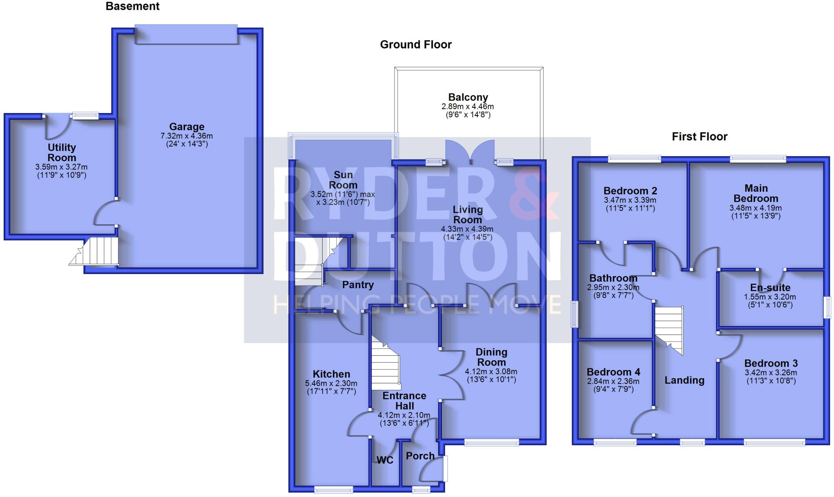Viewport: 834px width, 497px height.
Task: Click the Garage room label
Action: (187, 127)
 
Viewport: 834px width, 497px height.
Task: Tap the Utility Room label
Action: (61, 153)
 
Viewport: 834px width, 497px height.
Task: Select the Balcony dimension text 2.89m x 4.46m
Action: (467, 107)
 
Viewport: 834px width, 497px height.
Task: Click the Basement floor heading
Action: (132, 7)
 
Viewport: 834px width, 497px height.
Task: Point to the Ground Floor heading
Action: (416, 44)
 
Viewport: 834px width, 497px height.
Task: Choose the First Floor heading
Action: (699, 136)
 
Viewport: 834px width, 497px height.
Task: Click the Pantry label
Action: (358, 285)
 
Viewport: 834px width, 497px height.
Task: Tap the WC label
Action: (385, 460)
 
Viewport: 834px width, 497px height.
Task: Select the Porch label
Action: (420, 456)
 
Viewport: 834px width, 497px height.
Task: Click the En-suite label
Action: (770, 288)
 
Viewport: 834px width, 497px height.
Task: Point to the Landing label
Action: (684, 380)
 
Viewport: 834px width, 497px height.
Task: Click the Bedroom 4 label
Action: (613, 372)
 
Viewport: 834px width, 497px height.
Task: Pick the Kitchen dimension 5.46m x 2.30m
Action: (331, 383)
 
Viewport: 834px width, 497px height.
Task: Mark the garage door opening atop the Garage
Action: (186, 34)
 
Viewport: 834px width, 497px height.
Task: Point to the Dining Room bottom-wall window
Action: (492, 443)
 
